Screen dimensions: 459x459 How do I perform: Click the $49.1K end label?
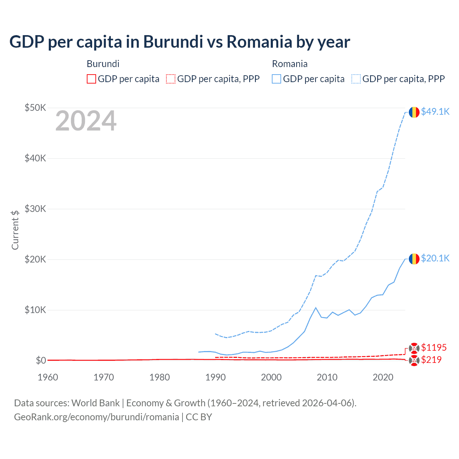click(435, 112)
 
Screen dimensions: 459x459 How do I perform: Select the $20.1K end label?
click(435, 258)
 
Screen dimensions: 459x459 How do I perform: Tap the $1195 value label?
click(434, 347)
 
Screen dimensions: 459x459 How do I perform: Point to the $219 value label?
click(431, 360)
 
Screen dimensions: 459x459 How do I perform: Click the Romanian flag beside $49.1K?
click(414, 112)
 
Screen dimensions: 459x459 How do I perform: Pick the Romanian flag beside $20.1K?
click(414, 259)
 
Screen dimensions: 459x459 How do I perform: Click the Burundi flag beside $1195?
click(414, 348)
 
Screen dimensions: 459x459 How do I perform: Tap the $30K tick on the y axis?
click(35, 209)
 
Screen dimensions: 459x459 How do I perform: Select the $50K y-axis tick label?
click(35, 108)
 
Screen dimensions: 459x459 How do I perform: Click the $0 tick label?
click(41, 360)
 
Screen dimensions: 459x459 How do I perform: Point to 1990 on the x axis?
click(216, 377)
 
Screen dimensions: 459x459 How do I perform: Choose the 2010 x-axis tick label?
click(327, 377)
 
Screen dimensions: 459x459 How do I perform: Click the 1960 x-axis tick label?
click(48, 377)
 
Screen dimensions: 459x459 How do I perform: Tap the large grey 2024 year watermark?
click(86, 121)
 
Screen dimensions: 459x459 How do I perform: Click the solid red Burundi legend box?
click(91, 79)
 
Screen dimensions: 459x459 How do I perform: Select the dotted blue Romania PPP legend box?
click(356, 79)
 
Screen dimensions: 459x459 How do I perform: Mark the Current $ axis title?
click(15, 230)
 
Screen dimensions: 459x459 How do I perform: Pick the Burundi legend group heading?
click(103, 64)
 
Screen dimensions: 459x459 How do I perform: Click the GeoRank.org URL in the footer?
click(96, 417)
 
